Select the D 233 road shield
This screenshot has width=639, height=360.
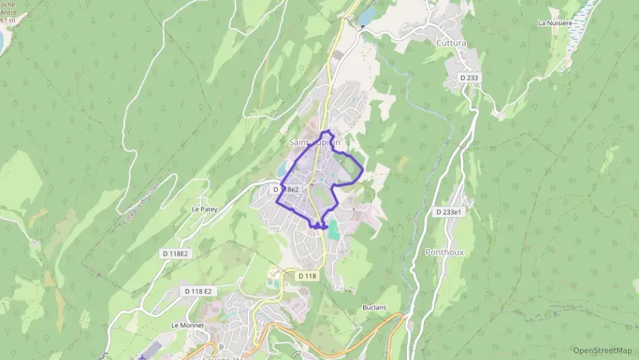(x=470, y=78)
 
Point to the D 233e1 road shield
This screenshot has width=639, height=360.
(x=449, y=212)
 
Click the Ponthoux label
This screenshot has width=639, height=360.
(x=444, y=251)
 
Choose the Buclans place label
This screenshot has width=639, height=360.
(x=374, y=307)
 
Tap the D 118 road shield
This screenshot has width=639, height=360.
(x=307, y=275)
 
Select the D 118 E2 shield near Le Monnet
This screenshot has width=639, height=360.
(x=198, y=291)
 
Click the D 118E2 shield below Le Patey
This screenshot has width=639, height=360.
(x=175, y=253)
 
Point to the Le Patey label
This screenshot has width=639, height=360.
(x=204, y=210)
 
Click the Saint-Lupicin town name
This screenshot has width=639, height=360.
(x=314, y=143)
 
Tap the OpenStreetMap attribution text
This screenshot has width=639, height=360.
(x=602, y=350)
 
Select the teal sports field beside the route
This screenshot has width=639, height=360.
(x=333, y=231)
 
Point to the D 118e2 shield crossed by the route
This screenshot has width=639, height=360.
(x=287, y=189)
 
